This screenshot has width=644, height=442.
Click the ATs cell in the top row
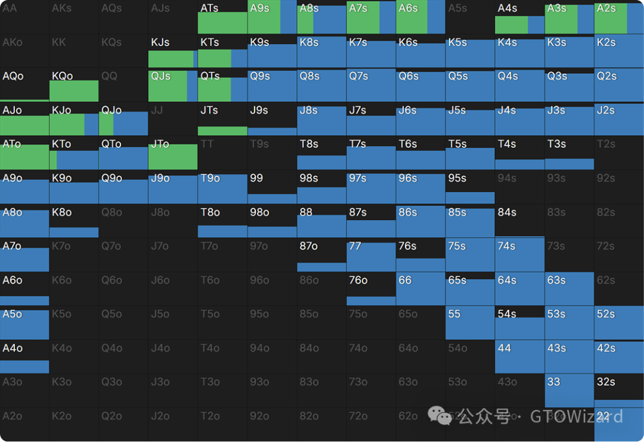[x=222, y=17]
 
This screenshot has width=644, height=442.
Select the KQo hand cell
[x=74, y=85]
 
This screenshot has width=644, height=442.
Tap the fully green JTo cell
[x=173, y=153]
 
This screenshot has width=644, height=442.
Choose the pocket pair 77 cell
[x=371, y=255]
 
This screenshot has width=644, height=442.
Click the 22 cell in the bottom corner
[x=619, y=425]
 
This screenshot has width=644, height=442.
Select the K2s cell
[x=619, y=51]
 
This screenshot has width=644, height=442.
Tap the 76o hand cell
[x=371, y=289]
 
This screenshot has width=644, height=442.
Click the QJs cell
[x=173, y=85]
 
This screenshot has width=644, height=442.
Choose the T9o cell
[x=222, y=187]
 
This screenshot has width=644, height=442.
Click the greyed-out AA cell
[x=24, y=17]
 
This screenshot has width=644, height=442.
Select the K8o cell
[x=74, y=221]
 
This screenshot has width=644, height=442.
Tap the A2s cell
[x=619, y=17]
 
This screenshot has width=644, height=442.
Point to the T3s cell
[x=569, y=153]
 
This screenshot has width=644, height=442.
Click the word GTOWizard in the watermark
[x=577, y=416]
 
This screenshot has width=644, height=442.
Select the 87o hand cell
[x=321, y=255]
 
